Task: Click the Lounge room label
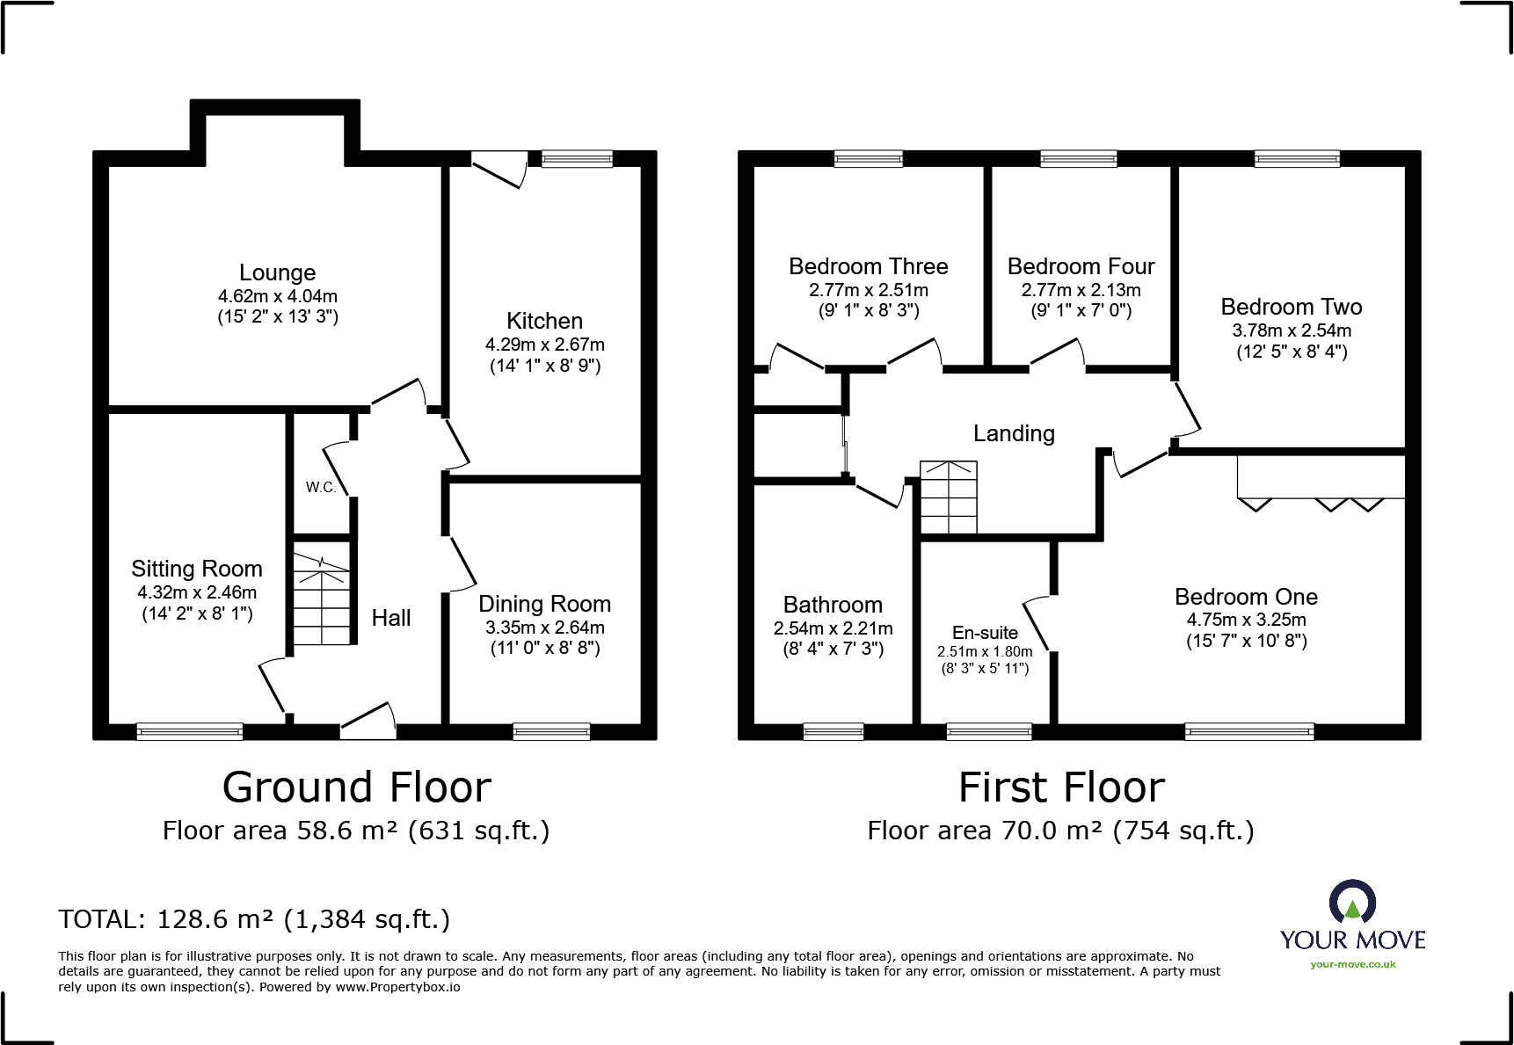[277, 272]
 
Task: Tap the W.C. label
[321, 487]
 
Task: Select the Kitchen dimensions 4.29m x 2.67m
[544, 345]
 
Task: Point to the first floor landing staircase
[948, 497]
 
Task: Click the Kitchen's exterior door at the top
[499, 169]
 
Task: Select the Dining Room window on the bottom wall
[550, 731]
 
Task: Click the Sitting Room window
[189, 731]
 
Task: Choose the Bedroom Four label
[1081, 266]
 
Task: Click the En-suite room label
[985, 633]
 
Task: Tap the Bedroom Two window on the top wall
[1297, 159]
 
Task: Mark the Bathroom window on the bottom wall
[833, 731]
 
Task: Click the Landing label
[1014, 433]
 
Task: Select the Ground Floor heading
[356, 787]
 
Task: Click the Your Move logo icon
[1352, 903]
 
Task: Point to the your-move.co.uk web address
[1352, 964]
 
